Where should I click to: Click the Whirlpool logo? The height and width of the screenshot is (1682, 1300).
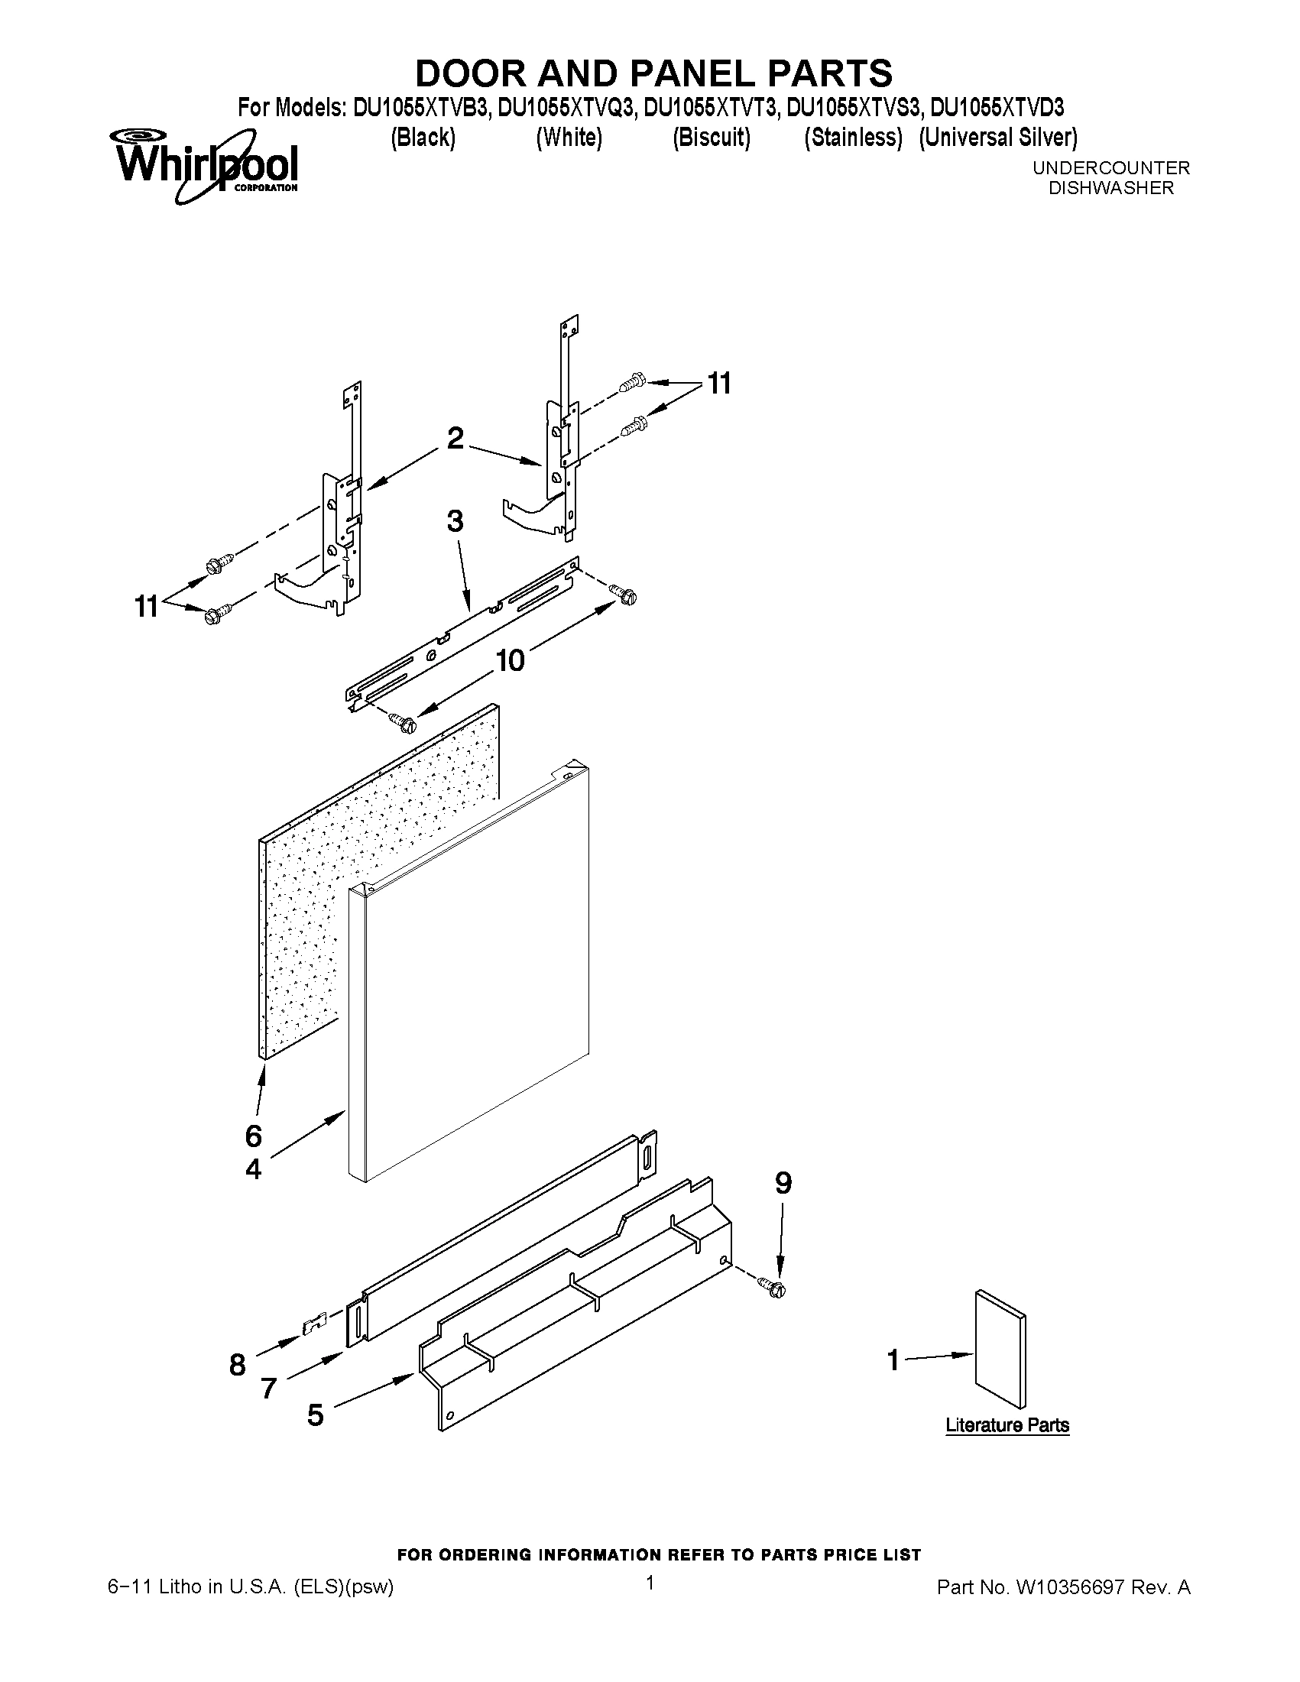(x=206, y=165)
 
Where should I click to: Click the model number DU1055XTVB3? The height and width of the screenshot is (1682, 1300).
(x=420, y=107)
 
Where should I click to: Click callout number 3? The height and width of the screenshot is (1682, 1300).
(x=455, y=521)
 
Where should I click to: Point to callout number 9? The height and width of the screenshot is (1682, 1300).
(x=783, y=1183)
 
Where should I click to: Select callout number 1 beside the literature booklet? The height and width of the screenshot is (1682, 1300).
(x=893, y=1360)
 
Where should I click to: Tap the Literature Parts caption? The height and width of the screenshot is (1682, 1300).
(x=1007, y=1424)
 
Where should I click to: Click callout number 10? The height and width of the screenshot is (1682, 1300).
(x=510, y=660)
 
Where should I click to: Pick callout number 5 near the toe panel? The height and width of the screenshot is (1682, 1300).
(x=315, y=1415)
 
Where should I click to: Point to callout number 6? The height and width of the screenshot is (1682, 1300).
(x=254, y=1136)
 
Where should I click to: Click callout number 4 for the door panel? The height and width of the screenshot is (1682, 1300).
(x=254, y=1170)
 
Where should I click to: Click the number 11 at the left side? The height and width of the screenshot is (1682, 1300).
(x=146, y=607)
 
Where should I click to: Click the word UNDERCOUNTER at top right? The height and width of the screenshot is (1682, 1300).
(x=1110, y=167)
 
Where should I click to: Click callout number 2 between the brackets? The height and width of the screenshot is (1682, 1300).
(x=455, y=438)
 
